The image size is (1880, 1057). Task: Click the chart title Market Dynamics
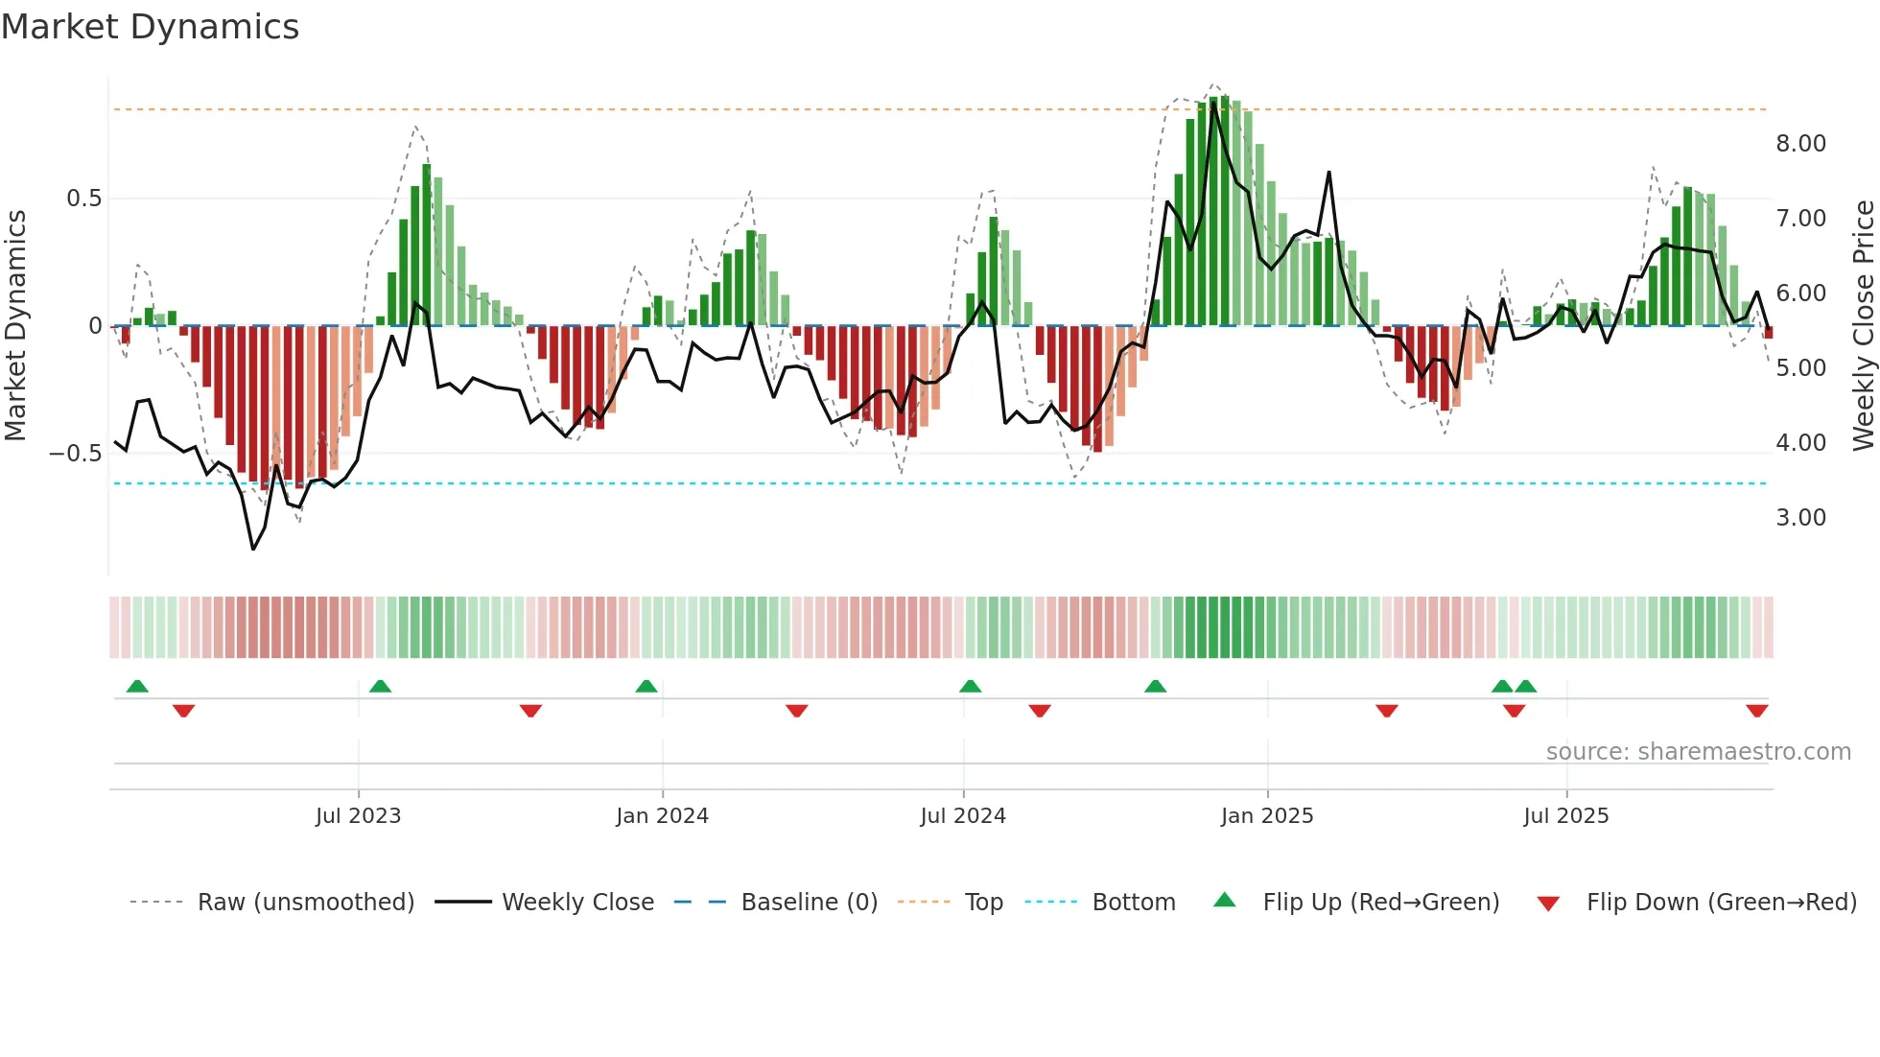click(x=150, y=27)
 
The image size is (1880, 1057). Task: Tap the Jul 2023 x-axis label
click(x=358, y=816)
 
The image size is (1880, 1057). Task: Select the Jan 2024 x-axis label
click(x=662, y=816)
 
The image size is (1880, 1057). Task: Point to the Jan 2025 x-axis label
click(x=1266, y=816)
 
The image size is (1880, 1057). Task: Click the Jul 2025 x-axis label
click(x=1565, y=816)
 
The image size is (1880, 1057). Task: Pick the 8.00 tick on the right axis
click(x=1800, y=144)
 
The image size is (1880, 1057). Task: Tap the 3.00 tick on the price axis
click(x=1800, y=518)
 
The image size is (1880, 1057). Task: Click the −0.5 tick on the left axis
click(x=76, y=453)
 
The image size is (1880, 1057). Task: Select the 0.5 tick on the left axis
click(x=83, y=199)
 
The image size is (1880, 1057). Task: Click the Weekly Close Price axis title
click(x=1863, y=326)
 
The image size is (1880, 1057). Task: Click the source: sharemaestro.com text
click(x=1698, y=752)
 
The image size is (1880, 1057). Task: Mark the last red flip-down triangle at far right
click(x=1756, y=711)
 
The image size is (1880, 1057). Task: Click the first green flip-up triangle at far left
click(x=137, y=686)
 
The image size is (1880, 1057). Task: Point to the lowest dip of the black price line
click(x=253, y=549)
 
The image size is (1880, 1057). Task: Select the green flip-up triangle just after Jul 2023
click(x=380, y=686)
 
